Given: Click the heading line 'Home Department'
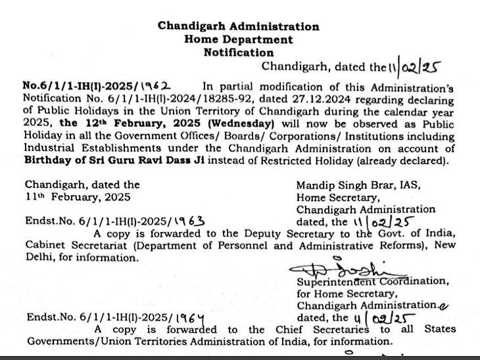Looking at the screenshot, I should click(x=238, y=39).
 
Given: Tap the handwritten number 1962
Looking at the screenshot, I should click(x=156, y=85).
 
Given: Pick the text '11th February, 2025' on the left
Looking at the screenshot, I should click(x=78, y=197).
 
